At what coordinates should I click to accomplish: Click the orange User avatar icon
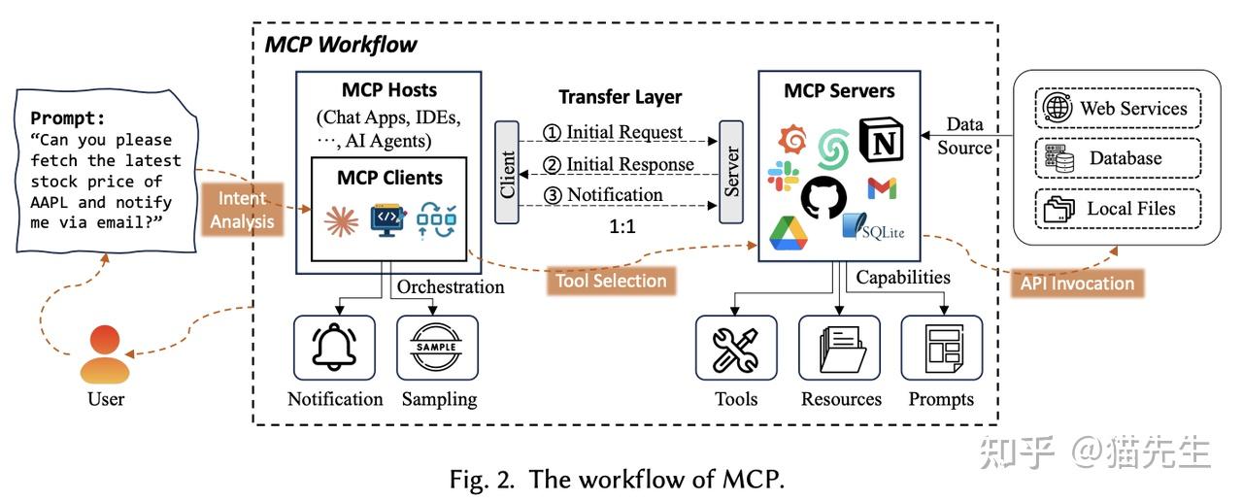click(104, 354)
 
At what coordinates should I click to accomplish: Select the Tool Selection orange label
click(611, 281)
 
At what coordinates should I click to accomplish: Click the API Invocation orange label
click(1077, 283)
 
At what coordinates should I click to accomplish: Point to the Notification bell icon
click(335, 347)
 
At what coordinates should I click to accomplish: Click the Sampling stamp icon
click(437, 347)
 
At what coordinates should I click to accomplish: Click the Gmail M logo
click(882, 188)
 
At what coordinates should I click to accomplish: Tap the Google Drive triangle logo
click(789, 234)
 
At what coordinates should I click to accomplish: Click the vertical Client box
click(507, 173)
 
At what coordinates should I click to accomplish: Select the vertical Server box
click(730, 171)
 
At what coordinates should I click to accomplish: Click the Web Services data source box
click(1118, 108)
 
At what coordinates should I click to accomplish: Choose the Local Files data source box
click(1118, 208)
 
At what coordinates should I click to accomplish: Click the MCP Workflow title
click(341, 44)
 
